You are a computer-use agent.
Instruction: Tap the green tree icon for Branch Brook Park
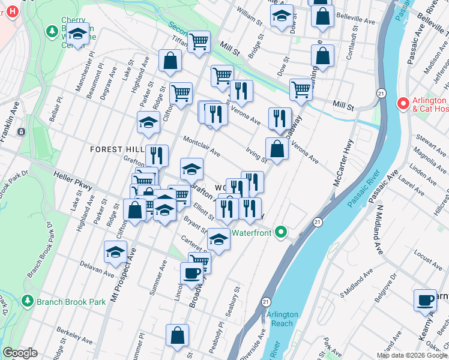click(26, 301)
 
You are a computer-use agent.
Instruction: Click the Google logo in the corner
click(20, 353)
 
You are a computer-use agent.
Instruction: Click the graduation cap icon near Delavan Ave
click(115, 253)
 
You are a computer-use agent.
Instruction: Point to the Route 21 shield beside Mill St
click(381, 93)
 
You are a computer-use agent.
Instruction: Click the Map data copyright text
click(412, 355)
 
